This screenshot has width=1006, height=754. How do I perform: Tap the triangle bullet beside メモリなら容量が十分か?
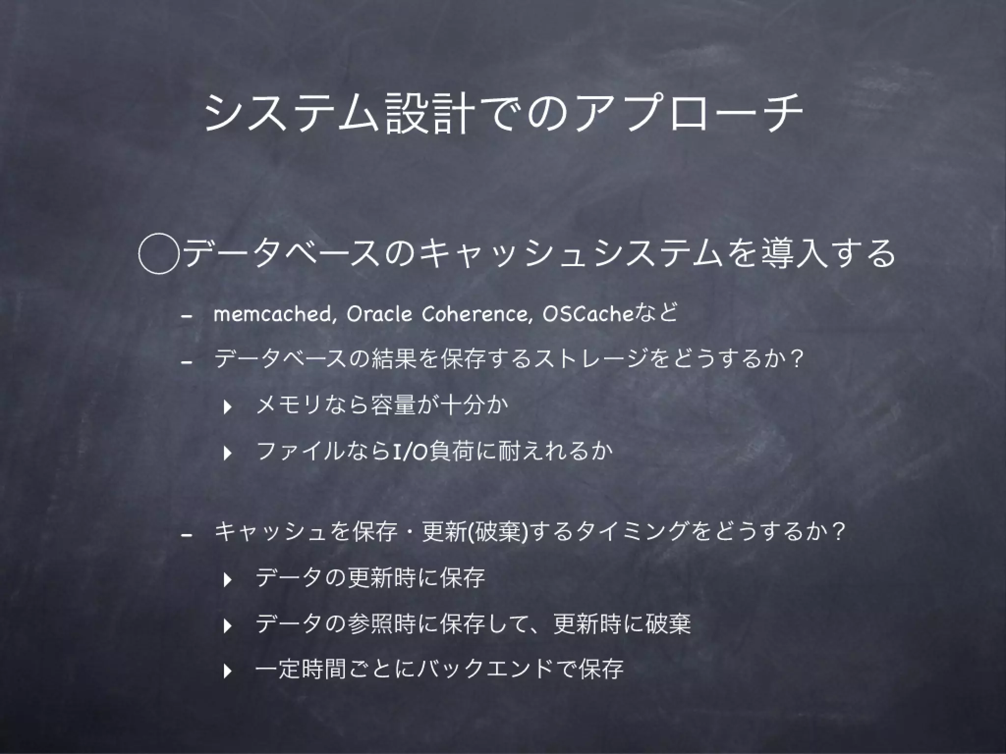pos(226,407)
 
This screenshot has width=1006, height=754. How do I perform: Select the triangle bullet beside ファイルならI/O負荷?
pos(226,453)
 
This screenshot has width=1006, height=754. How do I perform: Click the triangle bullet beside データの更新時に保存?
pos(226,580)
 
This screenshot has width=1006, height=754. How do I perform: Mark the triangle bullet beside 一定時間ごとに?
pos(226,670)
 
